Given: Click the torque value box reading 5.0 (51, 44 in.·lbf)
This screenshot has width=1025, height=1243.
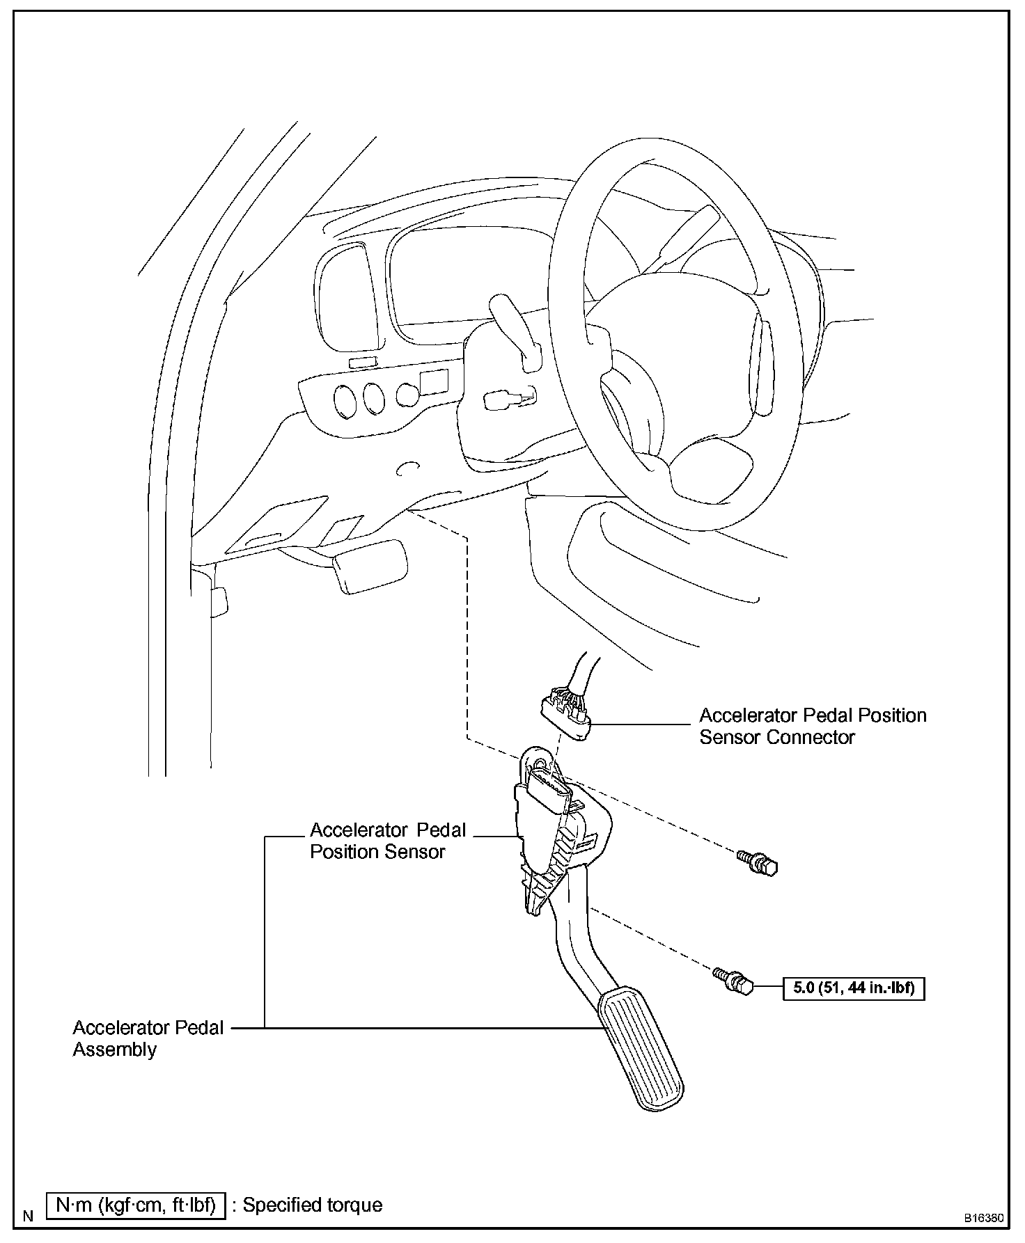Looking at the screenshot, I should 854,988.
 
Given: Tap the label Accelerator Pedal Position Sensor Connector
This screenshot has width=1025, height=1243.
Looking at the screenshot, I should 812,726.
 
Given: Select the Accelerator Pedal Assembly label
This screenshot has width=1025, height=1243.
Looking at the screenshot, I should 148,1038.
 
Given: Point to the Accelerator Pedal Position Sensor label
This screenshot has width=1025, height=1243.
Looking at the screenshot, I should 387,841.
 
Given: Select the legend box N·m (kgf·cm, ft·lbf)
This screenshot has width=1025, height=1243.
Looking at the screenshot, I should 136,1205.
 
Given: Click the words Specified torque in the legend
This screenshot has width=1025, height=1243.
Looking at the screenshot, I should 312,1205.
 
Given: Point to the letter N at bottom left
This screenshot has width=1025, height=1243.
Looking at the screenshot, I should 29,1216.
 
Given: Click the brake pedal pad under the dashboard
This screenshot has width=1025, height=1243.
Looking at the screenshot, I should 370,566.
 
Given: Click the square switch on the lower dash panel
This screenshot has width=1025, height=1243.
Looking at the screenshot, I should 433,382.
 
